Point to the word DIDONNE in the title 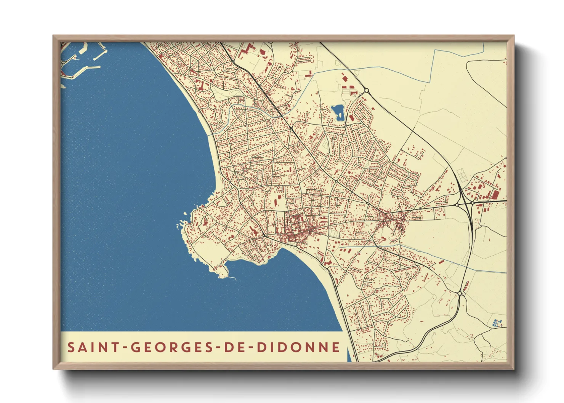coord(298,347)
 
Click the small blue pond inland coord(338,112)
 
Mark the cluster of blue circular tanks coord(497,323)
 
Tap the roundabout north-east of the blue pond coord(366,90)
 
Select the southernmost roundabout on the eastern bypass coord(460,294)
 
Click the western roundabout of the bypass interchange coord(457,205)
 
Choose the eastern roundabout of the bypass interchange coord(472,203)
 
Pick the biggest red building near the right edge coord(495,195)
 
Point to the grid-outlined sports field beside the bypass coord(461,175)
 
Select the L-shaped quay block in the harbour coord(82,50)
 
